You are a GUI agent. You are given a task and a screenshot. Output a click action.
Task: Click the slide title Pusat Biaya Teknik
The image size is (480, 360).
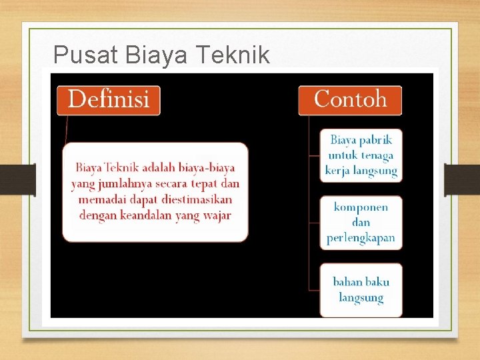click(x=161, y=55)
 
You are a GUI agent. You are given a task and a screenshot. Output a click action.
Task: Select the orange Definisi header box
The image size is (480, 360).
click(x=108, y=100)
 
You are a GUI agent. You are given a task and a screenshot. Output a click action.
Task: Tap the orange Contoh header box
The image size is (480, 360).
click(x=350, y=100)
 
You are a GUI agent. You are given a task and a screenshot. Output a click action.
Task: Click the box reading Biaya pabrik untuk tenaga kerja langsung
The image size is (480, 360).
click(x=361, y=155)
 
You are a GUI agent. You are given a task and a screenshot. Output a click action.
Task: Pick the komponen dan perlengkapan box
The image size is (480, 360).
click(x=361, y=222)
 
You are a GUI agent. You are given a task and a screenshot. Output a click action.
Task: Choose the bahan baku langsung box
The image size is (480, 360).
click(x=361, y=290)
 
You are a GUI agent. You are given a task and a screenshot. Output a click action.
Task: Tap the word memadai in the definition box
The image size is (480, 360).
click(x=100, y=199)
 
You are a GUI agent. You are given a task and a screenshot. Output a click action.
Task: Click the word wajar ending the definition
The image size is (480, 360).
click(x=217, y=215)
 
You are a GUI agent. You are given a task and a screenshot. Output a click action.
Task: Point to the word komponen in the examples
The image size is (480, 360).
click(x=361, y=207)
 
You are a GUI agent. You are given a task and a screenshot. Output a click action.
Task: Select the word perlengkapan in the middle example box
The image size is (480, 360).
click(x=361, y=237)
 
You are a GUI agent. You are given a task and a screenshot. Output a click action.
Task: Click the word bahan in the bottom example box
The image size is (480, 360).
click(x=347, y=282)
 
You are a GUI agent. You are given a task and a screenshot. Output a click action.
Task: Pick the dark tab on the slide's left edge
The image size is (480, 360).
click(x=27, y=180)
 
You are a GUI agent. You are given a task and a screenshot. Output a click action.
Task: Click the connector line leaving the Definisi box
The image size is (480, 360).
click(x=65, y=130)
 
